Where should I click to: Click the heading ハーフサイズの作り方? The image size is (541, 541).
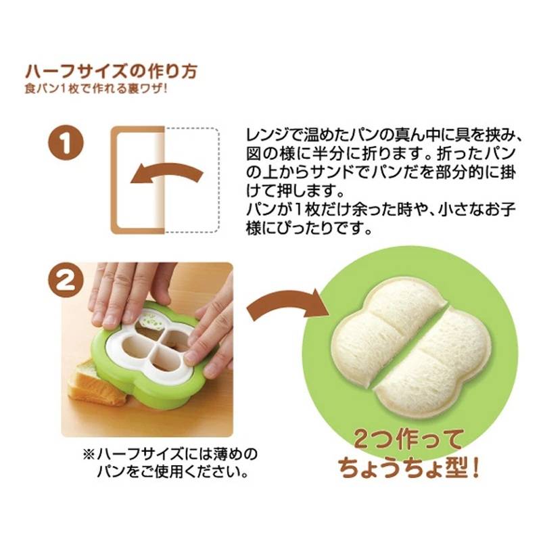111,72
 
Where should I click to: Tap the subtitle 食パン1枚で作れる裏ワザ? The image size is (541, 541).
96,89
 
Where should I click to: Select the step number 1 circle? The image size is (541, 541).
66,142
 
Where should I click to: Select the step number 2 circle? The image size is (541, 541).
66,280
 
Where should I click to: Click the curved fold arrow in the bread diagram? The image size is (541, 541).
166,172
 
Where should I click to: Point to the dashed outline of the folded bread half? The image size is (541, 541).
218,179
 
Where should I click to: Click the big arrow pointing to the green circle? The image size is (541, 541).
286,304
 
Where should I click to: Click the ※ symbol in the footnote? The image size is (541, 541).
89,454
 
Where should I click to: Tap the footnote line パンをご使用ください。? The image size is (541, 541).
172,471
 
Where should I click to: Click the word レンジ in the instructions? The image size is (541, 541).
272,135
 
